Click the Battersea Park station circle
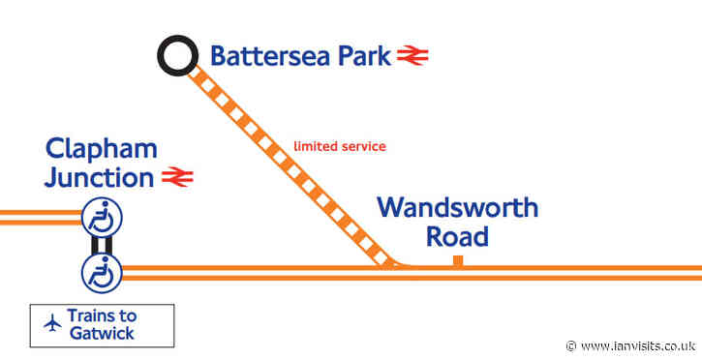178,57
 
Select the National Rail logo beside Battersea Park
412,56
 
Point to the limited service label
340,146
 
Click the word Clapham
102,149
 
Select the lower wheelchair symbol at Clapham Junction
101,272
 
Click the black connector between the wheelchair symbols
101,246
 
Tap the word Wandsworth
457,207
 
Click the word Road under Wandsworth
457,236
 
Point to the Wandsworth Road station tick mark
457,259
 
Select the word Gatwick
102,334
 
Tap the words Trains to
102,315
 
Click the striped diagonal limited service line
290,164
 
